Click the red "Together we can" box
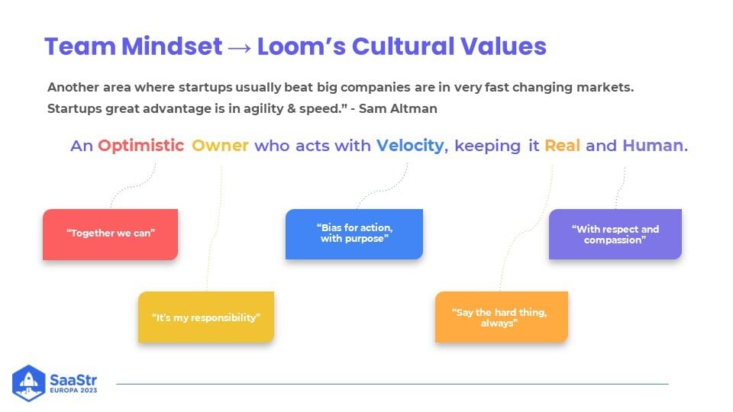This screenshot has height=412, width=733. (110, 234)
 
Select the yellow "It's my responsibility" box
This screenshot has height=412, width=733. (206, 317)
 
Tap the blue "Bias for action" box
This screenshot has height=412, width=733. (354, 234)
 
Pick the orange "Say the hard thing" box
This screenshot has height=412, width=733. (502, 317)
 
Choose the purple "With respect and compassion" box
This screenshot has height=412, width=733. (615, 234)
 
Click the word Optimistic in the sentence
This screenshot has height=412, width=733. (140, 146)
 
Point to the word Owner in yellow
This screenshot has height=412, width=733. (220, 146)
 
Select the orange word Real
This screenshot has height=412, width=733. (563, 146)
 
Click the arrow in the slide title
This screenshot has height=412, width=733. (240, 47)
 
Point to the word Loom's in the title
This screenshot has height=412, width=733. (302, 47)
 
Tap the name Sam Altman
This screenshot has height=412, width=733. (398, 108)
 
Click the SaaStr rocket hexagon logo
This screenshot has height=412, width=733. (28, 383)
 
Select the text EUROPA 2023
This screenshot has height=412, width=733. (73, 391)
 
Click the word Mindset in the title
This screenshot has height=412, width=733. (172, 47)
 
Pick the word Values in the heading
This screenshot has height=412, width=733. (503, 47)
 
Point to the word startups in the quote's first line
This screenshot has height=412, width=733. (205, 87)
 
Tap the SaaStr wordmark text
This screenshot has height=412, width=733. (73, 379)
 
